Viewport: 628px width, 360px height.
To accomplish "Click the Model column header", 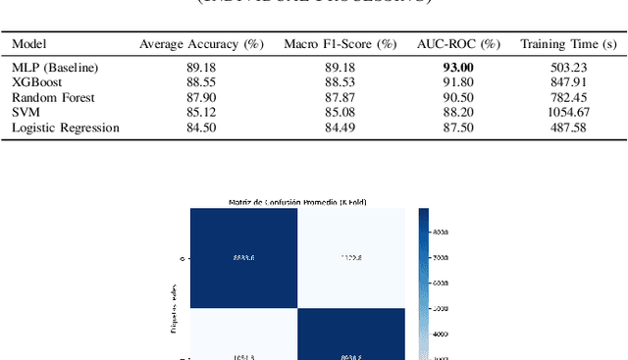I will tap(28, 44).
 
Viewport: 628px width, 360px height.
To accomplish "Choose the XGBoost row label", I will tap(36, 82).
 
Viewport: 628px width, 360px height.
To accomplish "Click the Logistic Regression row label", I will tap(65, 128).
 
